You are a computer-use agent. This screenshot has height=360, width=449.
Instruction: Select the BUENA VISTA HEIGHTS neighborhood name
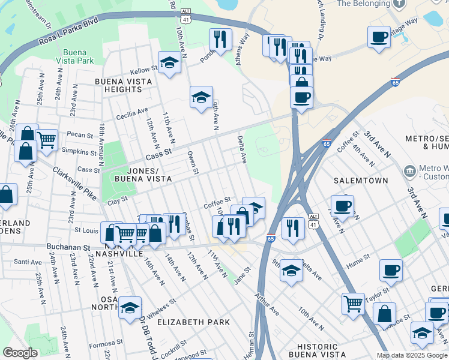118,85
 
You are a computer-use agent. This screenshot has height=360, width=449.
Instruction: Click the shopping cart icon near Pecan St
46,140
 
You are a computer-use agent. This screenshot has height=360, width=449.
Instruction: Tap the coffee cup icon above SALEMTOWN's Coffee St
343,205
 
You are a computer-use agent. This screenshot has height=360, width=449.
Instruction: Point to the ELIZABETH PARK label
193,322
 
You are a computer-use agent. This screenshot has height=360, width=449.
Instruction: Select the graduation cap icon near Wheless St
130,307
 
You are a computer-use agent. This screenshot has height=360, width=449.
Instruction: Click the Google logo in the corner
20,352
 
